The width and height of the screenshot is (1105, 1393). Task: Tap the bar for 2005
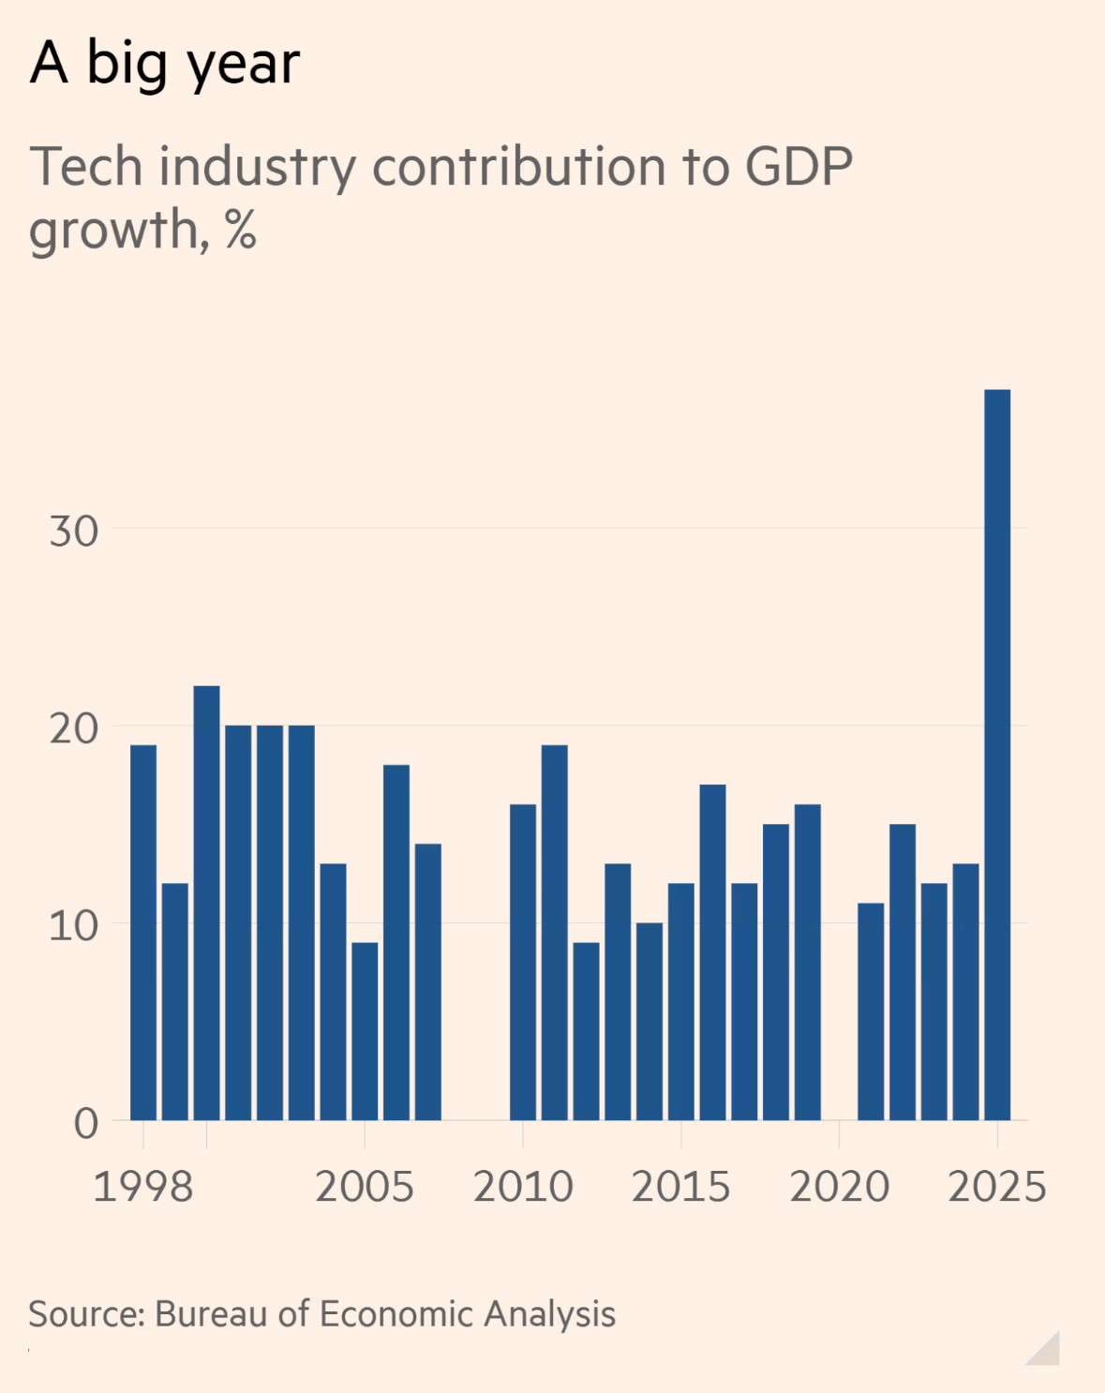pyautogui.click(x=365, y=1031)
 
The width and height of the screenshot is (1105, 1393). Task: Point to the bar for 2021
pyautogui.click(x=871, y=1011)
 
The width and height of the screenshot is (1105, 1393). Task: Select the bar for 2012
pyautogui.click(x=586, y=1031)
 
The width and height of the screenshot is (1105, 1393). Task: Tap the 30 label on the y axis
pyautogui.click(x=74, y=532)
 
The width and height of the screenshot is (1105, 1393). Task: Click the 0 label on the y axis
pyautogui.click(x=86, y=1123)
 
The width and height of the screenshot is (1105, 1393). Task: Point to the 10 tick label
pyautogui.click(x=74, y=926)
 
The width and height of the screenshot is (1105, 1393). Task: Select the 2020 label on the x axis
pyautogui.click(x=839, y=1187)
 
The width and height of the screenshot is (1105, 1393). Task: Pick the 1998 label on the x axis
pyautogui.click(x=143, y=1187)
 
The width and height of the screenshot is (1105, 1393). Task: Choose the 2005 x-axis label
pyautogui.click(x=365, y=1187)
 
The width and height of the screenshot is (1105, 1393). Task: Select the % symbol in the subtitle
pyautogui.click(x=241, y=230)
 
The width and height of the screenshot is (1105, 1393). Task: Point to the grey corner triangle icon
pyautogui.click(x=1047, y=1352)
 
